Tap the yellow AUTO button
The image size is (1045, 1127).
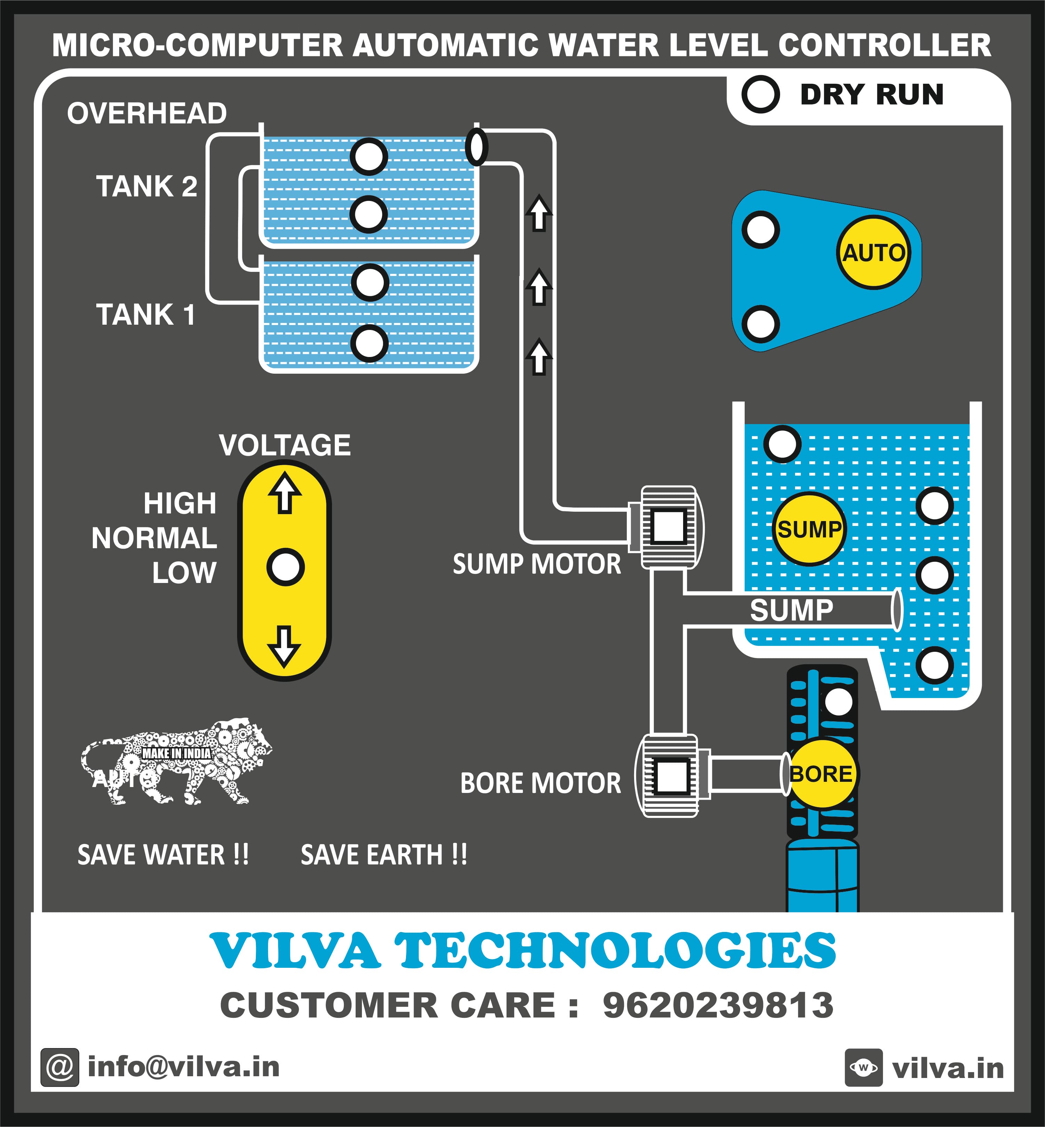point(874,252)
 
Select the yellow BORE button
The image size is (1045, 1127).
point(821,773)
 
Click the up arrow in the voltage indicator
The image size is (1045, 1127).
point(284,493)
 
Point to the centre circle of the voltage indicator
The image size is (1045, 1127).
point(285,567)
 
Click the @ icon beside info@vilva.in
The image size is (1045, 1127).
point(59,1068)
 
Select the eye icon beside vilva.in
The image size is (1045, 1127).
point(864,1068)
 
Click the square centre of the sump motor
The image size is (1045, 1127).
point(669,526)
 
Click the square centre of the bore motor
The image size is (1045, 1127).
point(671,775)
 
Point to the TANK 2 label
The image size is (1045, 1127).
point(146,187)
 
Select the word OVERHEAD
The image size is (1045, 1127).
point(147,113)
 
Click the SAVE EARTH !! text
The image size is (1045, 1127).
point(384,854)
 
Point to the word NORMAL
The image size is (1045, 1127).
point(154,538)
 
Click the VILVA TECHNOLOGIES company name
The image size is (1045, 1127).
point(522,951)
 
